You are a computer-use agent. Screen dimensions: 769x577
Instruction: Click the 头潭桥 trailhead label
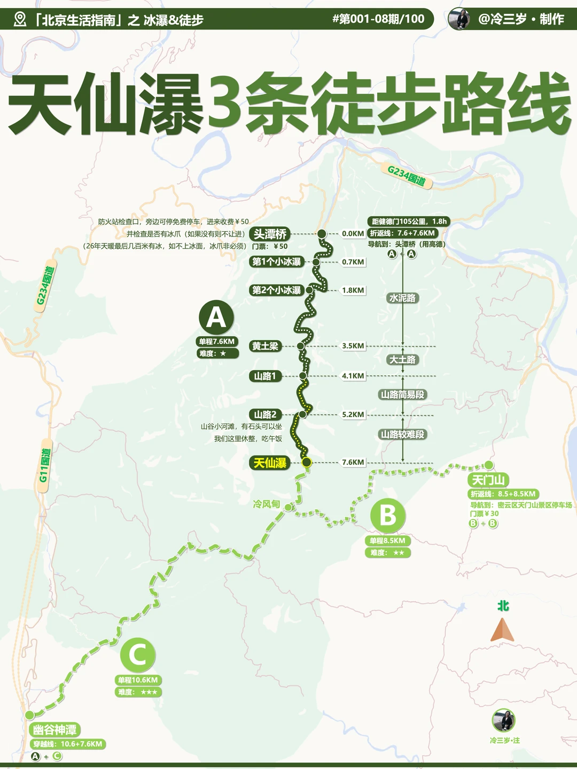270,234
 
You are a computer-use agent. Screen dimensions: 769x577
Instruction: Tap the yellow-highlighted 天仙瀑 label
270,463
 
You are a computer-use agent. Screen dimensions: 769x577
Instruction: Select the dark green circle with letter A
216,317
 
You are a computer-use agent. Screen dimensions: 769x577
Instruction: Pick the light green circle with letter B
388,515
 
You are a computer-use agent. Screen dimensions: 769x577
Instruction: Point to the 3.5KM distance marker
353,346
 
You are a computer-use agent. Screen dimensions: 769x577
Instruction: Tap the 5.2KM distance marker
353,414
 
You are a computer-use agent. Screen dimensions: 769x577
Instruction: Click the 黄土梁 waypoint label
266,346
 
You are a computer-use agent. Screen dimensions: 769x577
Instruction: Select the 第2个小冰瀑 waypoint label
277,291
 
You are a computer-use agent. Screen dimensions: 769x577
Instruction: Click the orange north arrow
502,630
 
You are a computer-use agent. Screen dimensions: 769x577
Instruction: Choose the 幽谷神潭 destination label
54,730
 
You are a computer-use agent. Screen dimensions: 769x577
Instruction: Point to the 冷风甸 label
267,504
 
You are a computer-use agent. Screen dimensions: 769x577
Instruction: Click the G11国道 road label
44,465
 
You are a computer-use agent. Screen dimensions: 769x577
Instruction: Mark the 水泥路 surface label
402,298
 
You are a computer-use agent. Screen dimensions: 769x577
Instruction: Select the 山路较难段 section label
402,435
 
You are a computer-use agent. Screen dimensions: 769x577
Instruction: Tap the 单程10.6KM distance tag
138,680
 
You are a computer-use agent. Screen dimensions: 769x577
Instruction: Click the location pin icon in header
20,20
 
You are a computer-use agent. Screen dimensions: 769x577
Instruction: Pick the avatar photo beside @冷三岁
459,19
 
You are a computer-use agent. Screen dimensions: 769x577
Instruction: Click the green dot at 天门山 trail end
489,465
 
